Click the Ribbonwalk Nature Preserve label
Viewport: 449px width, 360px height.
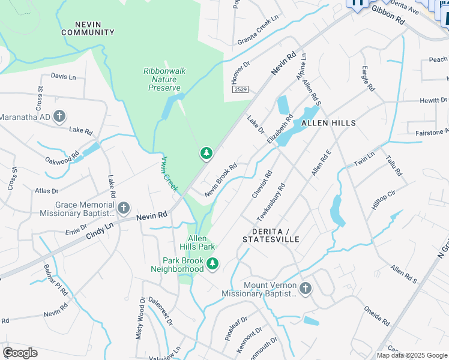coord(164,79)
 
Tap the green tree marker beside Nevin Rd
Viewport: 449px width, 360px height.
coord(206,154)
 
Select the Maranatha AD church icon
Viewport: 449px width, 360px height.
coord(59,116)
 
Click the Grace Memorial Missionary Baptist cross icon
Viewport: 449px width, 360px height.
coord(123,208)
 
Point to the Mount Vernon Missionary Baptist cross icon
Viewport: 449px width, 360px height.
coord(305,289)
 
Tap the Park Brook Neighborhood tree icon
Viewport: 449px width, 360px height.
coord(212,263)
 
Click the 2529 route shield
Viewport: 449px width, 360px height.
coord(240,89)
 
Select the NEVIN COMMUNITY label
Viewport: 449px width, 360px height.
coord(87,28)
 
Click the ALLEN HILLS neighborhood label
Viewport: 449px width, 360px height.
coord(328,122)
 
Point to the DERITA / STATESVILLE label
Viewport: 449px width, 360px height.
coord(271,235)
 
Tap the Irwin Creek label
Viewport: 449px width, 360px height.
coord(170,175)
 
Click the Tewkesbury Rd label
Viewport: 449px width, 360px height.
coord(271,202)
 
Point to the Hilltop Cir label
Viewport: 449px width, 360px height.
coord(384,198)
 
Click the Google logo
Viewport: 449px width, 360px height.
coord(20,353)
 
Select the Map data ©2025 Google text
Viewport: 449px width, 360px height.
coord(411,355)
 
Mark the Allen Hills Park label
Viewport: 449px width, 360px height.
coord(197,243)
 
